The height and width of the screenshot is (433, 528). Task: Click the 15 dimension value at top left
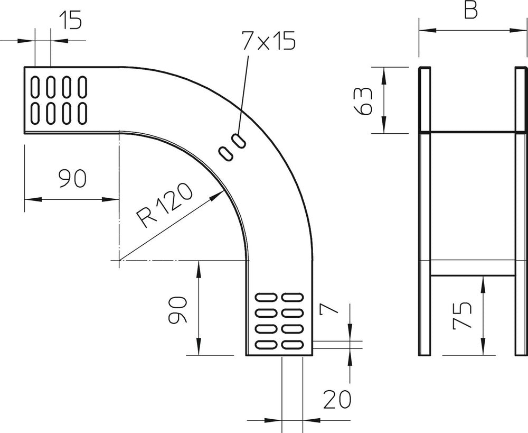[x=70, y=21]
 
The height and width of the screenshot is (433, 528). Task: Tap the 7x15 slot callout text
[x=268, y=41]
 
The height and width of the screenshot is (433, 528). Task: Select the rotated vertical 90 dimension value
[x=177, y=310]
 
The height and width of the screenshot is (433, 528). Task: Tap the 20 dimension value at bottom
[x=337, y=400]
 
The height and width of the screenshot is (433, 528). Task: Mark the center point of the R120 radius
[x=119, y=261]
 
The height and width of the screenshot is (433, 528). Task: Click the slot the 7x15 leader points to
[x=239, y=141]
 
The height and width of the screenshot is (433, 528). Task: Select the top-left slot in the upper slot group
[x=34, y=86]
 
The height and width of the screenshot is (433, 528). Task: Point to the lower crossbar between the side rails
[x=473, y=268]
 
